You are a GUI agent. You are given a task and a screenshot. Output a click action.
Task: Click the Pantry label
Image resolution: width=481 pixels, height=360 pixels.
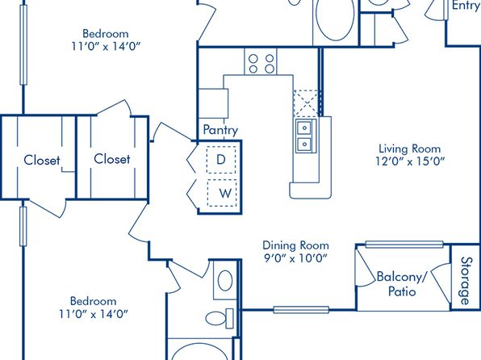tap(220, 130)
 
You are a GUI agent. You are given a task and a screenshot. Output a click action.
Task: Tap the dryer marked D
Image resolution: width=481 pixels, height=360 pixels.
tap(221, 160)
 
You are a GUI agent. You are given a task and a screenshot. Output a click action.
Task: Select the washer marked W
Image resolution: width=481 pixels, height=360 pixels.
tap(223, 193)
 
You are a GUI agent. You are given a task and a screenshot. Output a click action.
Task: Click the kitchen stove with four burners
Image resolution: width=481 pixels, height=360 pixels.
tap(261, 61)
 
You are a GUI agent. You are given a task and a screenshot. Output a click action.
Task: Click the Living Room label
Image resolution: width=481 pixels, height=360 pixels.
tap(410, 149)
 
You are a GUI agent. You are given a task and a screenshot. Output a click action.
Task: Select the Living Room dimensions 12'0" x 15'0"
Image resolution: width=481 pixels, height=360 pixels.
tap(410, 161)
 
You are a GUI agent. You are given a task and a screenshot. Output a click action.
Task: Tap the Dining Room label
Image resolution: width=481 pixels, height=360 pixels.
tap(295, 245)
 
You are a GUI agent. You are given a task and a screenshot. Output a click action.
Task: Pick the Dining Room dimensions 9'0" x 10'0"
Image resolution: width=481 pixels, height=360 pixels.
tap(295, 258)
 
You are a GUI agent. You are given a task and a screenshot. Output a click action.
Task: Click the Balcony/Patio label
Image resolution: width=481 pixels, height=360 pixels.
tap(402, 284)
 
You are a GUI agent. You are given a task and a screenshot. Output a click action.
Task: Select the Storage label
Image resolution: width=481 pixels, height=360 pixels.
tap(466, 281)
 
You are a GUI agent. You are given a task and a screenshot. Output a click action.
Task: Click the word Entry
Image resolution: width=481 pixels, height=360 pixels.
tap(466, 5)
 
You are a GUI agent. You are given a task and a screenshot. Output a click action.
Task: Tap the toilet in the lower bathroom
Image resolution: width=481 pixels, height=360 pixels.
tap(220, 318)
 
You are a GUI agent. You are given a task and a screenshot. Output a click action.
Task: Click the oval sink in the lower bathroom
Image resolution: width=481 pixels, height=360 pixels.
tap(225, 281)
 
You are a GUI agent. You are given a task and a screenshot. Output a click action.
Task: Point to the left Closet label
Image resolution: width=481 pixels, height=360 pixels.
tap(42, 160)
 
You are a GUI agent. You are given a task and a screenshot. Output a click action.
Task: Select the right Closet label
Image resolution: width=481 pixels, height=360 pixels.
tap(112, 159)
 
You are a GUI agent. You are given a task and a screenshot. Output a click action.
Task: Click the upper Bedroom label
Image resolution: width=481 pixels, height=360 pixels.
tap(106, 33)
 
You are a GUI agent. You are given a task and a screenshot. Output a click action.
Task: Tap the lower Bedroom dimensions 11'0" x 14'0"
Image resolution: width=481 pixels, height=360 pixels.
tap(94, 314)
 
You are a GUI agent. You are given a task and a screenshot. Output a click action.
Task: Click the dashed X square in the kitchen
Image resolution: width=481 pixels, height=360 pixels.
tap(306, 103)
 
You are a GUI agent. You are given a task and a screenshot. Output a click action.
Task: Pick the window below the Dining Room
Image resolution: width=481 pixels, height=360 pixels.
tap(301, 310)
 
